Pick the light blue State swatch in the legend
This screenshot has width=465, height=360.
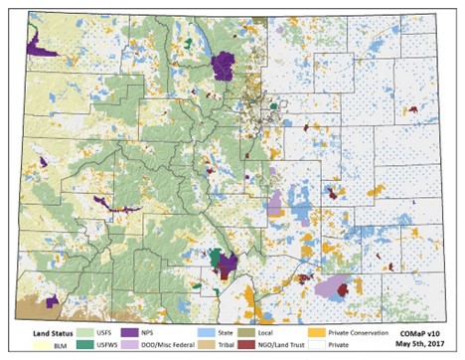(238, 331)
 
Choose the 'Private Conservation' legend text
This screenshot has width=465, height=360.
(361, 331)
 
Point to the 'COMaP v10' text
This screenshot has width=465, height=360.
(426, 331)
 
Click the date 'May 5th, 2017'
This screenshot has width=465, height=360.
(425, 346)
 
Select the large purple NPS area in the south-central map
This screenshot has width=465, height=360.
(226, 265)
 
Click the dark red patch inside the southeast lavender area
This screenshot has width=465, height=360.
(344, 289)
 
